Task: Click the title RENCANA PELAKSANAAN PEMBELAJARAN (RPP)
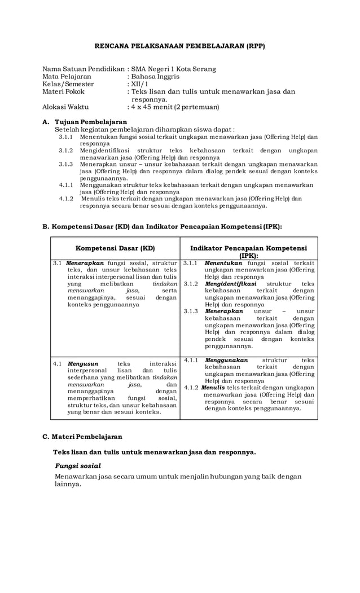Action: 179,46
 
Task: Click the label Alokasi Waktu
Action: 65,106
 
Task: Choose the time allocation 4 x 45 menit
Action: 152,106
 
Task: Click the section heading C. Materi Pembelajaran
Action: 82,436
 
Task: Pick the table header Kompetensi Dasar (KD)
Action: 115,248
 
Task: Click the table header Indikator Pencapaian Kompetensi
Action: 248,248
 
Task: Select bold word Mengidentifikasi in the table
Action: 230,284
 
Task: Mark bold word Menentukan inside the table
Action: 223,263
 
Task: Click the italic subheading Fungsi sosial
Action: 78,466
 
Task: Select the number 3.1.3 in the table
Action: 191,311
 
